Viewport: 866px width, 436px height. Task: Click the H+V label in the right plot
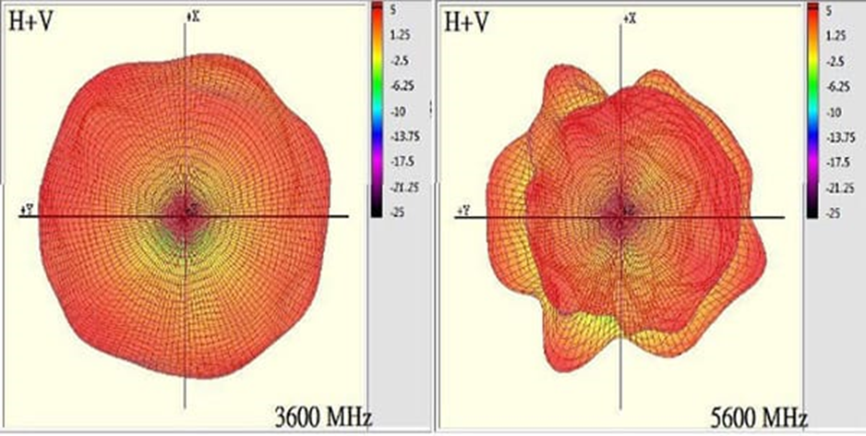465,22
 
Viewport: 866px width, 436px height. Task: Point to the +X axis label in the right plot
629,18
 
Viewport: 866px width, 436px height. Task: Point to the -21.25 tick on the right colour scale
837,187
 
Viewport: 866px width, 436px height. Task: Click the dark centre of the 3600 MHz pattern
186,216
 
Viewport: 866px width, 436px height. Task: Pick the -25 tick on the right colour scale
833,212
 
